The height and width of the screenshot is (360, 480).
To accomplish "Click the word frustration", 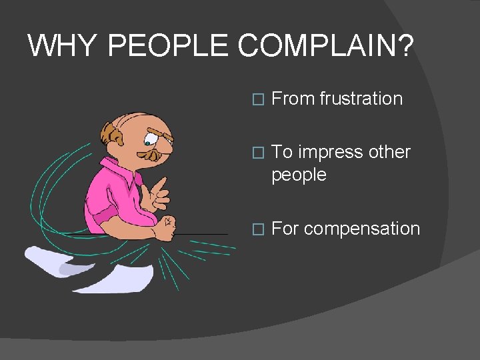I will (x=361, y=99).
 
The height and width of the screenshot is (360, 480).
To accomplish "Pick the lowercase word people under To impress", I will (x=299, y=175).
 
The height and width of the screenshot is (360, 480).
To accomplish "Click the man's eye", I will (x=147, y=141).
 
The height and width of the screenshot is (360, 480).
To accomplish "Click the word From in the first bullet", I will (x=293, y=99).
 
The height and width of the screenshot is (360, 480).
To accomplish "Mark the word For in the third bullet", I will (x=285, y=229).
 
